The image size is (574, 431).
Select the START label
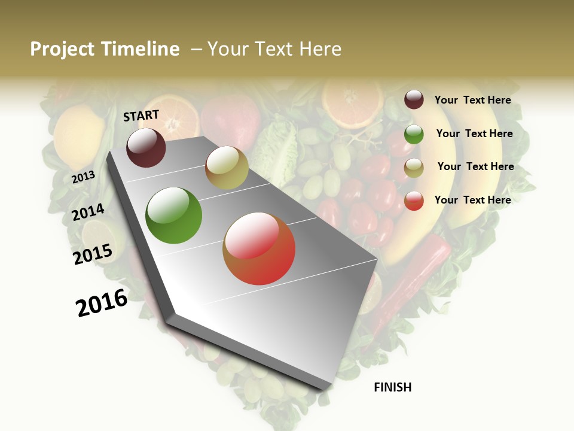141,116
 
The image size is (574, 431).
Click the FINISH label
393,387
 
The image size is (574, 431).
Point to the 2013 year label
84,177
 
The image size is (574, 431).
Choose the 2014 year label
88,212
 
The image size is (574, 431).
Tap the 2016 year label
102,303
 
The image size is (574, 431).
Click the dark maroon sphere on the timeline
146,147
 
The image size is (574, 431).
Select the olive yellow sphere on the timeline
227,168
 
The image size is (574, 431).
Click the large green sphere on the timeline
174,215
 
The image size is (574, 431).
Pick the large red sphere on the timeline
259,248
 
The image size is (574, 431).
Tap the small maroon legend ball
414,99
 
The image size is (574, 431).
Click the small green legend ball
414,134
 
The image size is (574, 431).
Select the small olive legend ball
414,168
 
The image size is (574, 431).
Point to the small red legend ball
414,201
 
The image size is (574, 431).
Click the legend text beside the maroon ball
472,100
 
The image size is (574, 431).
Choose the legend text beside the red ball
472,200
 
